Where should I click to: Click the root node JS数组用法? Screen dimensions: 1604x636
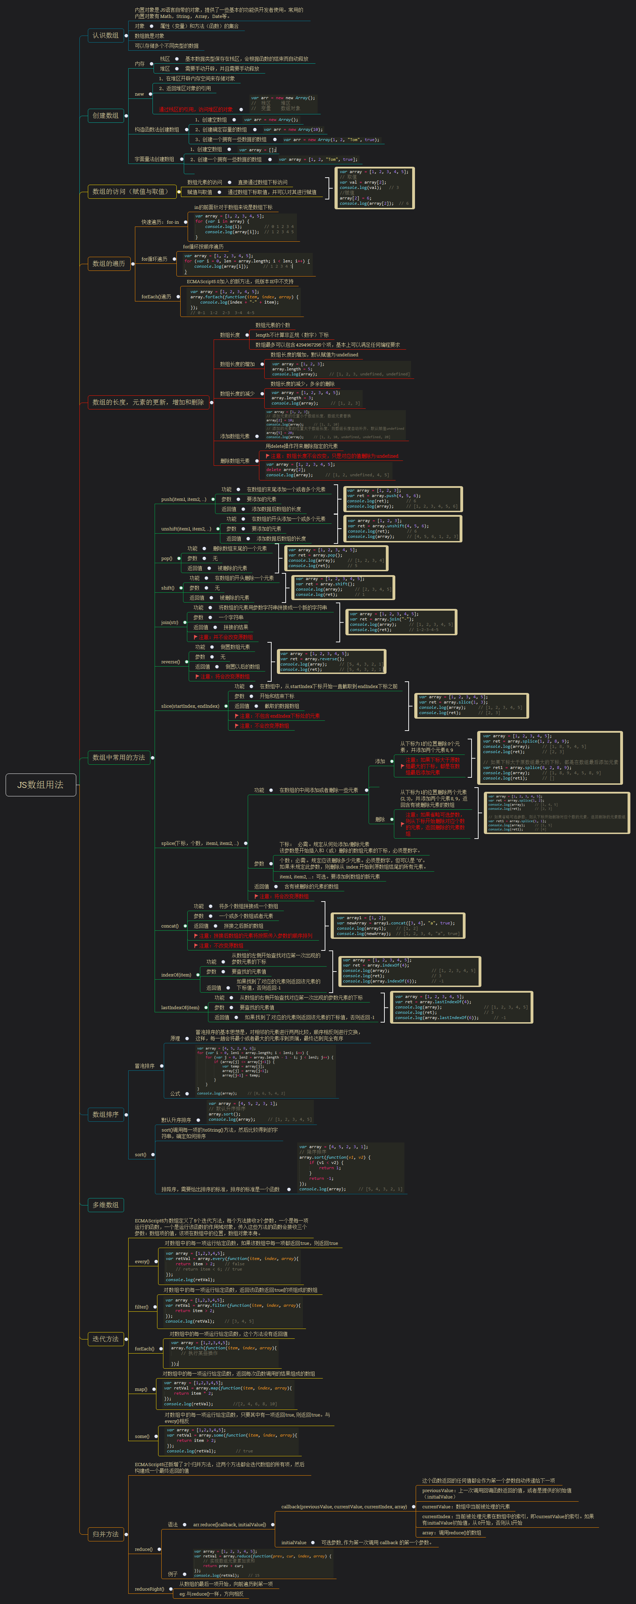(x=40, y=784)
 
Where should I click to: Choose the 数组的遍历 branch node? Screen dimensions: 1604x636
(x=108, y=263)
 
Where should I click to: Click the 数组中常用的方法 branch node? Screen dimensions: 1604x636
(x=118, y=757)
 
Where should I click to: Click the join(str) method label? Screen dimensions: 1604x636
(x=169, y=622)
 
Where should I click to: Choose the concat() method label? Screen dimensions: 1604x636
(x=169, y=926)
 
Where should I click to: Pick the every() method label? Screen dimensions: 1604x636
(x=142, y=1261)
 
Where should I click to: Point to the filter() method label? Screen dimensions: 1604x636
(x=141, y=1307)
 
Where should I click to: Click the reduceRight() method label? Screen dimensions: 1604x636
(x=149, y=1589)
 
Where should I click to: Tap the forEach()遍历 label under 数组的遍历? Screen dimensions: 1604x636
(x=156, y=297)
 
